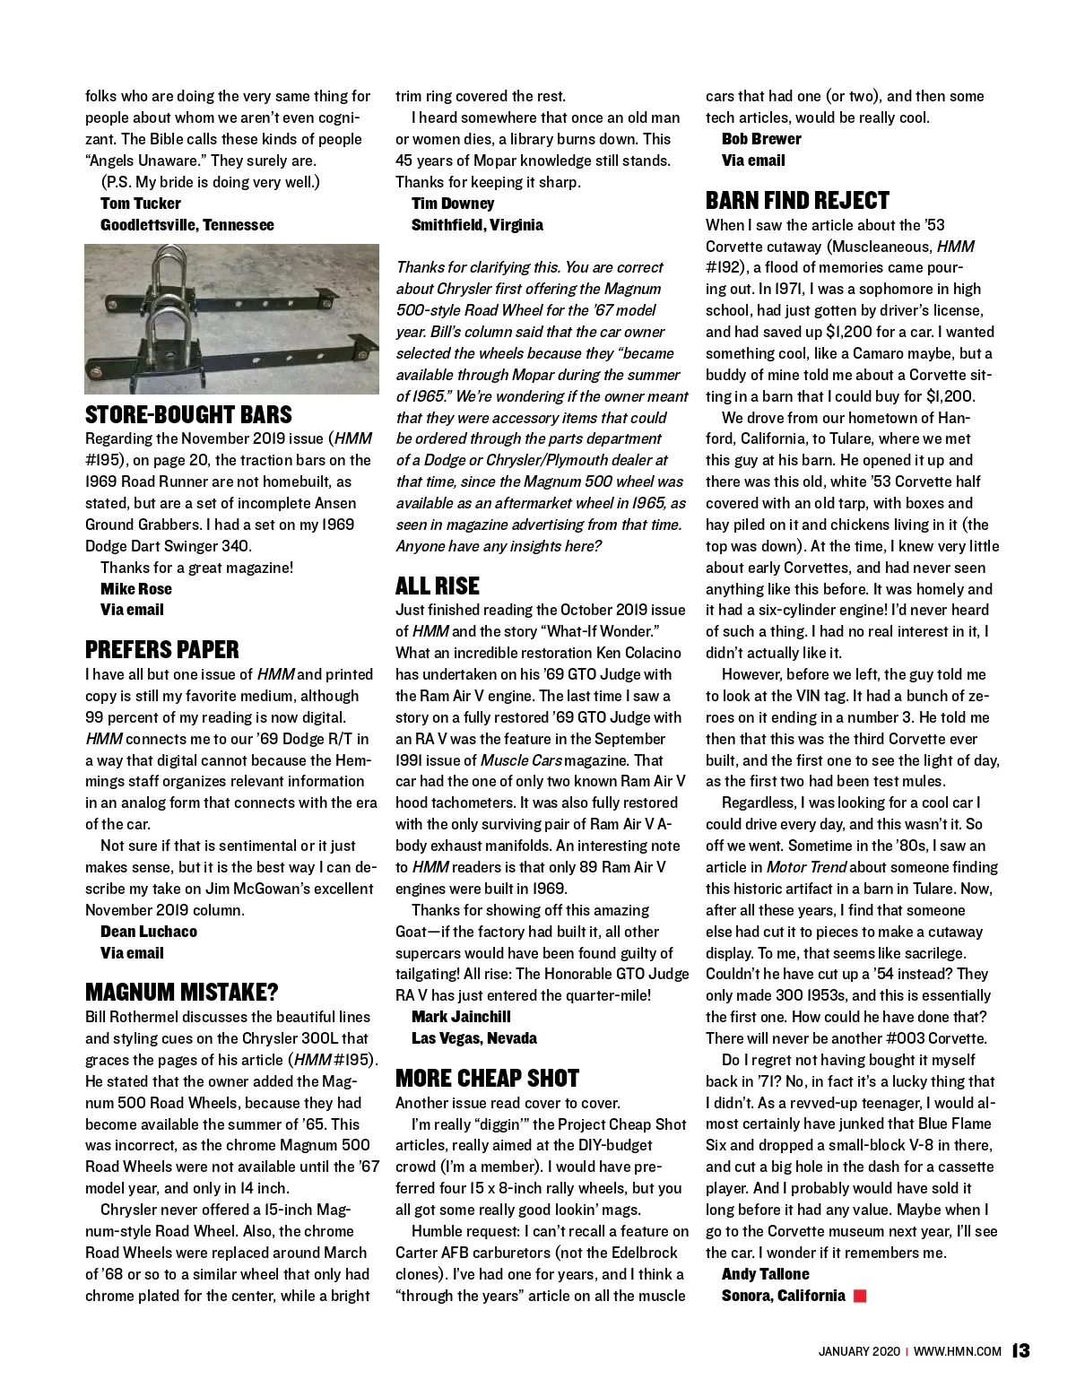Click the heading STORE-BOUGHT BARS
point(188,415)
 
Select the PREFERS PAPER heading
point(162,650)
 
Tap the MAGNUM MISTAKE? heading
point(182,993)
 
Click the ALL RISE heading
point(438,586)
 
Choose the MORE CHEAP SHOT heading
point(487,1078)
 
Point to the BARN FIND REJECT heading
point(797,201)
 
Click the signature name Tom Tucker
point(141,204)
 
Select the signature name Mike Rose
point(136,589)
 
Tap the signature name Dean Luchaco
point(149,932)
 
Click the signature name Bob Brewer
point(761,139)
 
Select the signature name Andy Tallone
point(765,1274)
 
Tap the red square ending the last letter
point(861,1296)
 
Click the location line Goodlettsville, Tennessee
point(187,225)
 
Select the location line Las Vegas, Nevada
point(474,1038)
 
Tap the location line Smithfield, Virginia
point(477,225)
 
